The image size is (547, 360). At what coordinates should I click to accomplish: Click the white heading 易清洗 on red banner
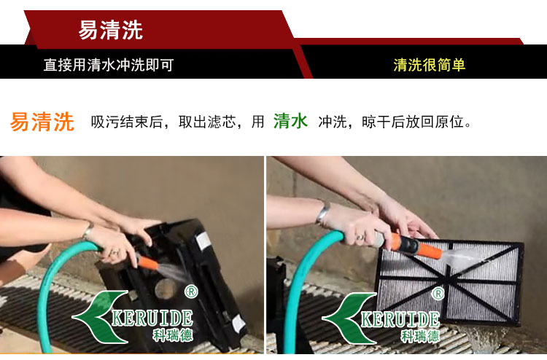[x=111, y=30]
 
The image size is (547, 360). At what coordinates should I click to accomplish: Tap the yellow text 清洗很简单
[x=430, y=65]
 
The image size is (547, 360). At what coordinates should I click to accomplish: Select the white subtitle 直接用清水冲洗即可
[x=109, y=65]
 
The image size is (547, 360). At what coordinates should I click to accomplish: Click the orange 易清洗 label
[x=42, y=122]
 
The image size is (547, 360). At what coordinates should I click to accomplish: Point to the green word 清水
[x=290, y=121]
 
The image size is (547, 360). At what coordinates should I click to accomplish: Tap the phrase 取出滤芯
[x=207, y=122]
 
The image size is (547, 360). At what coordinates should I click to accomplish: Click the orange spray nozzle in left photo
[x=148, y=262]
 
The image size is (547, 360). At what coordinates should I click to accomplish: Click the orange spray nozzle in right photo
[x=411, y=244]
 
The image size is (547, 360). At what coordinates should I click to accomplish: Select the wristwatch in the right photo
[x=322, y=212]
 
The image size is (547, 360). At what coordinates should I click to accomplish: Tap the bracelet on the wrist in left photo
[x=88, y=231]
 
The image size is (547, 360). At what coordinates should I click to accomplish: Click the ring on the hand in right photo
[x=360, y=238]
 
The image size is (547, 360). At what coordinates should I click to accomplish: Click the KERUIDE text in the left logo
[x=152, y=318]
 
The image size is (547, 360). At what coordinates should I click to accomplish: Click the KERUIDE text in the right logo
[x=400, y=320]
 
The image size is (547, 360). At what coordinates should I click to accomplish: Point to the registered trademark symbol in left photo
[x=191, y=291]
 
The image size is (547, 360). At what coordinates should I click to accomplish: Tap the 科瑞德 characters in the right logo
[x=419, y=336]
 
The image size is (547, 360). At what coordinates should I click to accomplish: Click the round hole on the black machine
[x=166, y=289]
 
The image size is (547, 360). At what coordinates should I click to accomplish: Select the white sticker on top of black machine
[x=203, y=241]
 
